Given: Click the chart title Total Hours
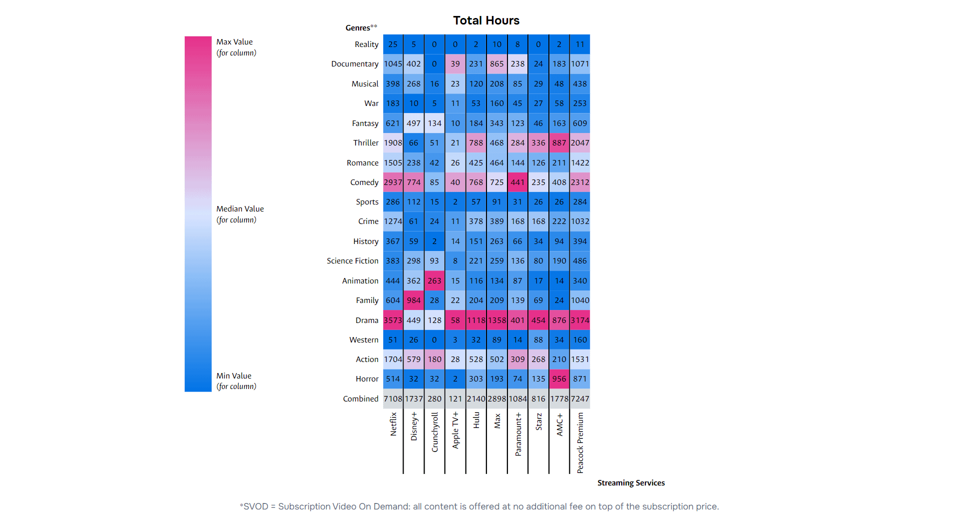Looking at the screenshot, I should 486,20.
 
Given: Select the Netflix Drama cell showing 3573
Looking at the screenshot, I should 393,320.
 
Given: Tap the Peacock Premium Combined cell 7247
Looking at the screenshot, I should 580,398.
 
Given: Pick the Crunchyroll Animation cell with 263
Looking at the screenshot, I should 435,280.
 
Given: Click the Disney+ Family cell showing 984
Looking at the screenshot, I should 414,300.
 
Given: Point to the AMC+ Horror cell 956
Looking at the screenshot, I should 559,378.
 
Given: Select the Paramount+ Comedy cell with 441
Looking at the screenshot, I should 517,182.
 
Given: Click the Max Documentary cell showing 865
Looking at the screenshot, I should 496,63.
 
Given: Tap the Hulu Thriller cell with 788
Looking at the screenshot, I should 476,142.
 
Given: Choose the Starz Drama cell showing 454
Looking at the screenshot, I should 538,320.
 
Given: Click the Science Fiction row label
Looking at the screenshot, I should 353,260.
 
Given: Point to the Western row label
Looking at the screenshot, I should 364,339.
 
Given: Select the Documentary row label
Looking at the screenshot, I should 355,63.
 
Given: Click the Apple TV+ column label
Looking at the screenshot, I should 456,430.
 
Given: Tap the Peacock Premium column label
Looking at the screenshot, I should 580,442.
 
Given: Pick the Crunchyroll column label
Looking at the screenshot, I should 435,432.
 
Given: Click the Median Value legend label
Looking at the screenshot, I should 240,208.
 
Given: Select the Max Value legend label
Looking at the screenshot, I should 234,42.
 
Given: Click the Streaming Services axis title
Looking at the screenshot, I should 631,482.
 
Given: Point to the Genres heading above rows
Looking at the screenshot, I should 361,27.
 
